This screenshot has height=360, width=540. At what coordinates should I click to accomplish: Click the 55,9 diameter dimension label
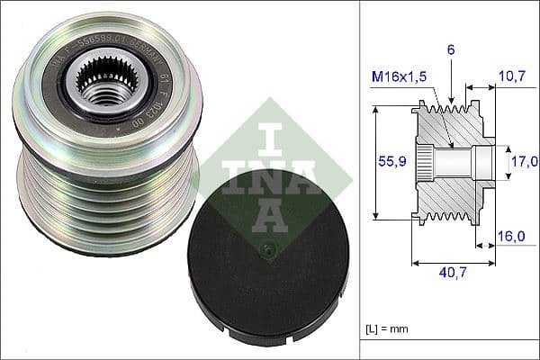pos(390,163)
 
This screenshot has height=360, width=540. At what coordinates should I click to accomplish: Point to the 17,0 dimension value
pos(526,161)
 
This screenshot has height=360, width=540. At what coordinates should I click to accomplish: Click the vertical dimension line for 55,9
pos(375,162)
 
